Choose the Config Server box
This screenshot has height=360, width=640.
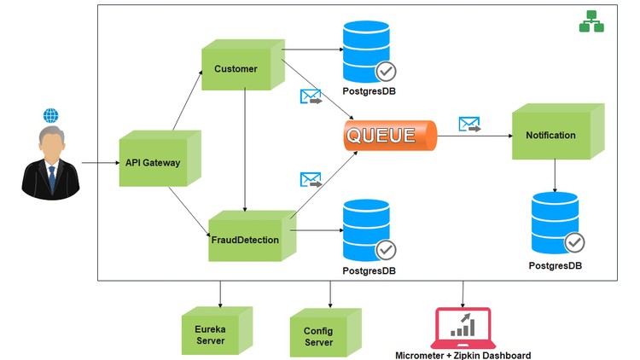click(x=317, y=334)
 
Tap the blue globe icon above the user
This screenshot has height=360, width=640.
click(x=51, y=116)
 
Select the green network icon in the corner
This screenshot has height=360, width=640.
click(x=591, y=23)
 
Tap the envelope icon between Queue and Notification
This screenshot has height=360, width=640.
click(x=469, y=125)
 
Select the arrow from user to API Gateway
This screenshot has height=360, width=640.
click(x=101, y=161)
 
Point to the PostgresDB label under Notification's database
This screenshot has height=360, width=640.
click(x=556, y=266)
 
